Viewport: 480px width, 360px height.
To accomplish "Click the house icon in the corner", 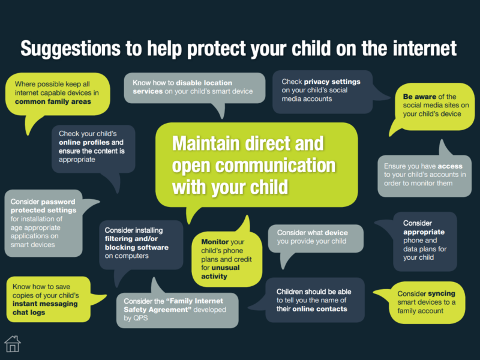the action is pos(13,344).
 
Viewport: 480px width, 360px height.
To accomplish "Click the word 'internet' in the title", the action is pos(425,48).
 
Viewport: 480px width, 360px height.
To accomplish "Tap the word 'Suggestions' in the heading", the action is pos(70,49).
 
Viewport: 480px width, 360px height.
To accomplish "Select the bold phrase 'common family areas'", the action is pos(53,101).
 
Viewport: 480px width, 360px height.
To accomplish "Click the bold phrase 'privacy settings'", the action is pos(332,82).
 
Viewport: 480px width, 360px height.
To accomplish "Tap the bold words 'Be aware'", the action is pos(419,97).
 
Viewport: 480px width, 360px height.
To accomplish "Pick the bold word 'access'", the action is pos(450,166).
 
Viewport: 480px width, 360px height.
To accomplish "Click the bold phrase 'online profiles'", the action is pos(84,142).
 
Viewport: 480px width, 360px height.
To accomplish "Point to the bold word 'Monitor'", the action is pos(215,242).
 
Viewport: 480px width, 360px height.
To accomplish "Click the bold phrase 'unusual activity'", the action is pos(220,272).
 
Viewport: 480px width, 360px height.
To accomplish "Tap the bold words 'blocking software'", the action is pos(137,247).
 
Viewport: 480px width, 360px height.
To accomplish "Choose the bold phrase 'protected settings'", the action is pos(43,211).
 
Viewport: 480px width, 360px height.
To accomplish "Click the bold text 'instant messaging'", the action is pos(45,304).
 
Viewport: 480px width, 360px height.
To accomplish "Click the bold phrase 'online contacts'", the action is pos(320,309).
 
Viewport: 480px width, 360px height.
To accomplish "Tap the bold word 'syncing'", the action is pos(442,293).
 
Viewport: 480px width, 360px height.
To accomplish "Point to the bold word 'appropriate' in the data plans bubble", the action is pos(424,232).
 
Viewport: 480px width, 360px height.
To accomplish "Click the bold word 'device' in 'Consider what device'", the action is pos(336,233).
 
